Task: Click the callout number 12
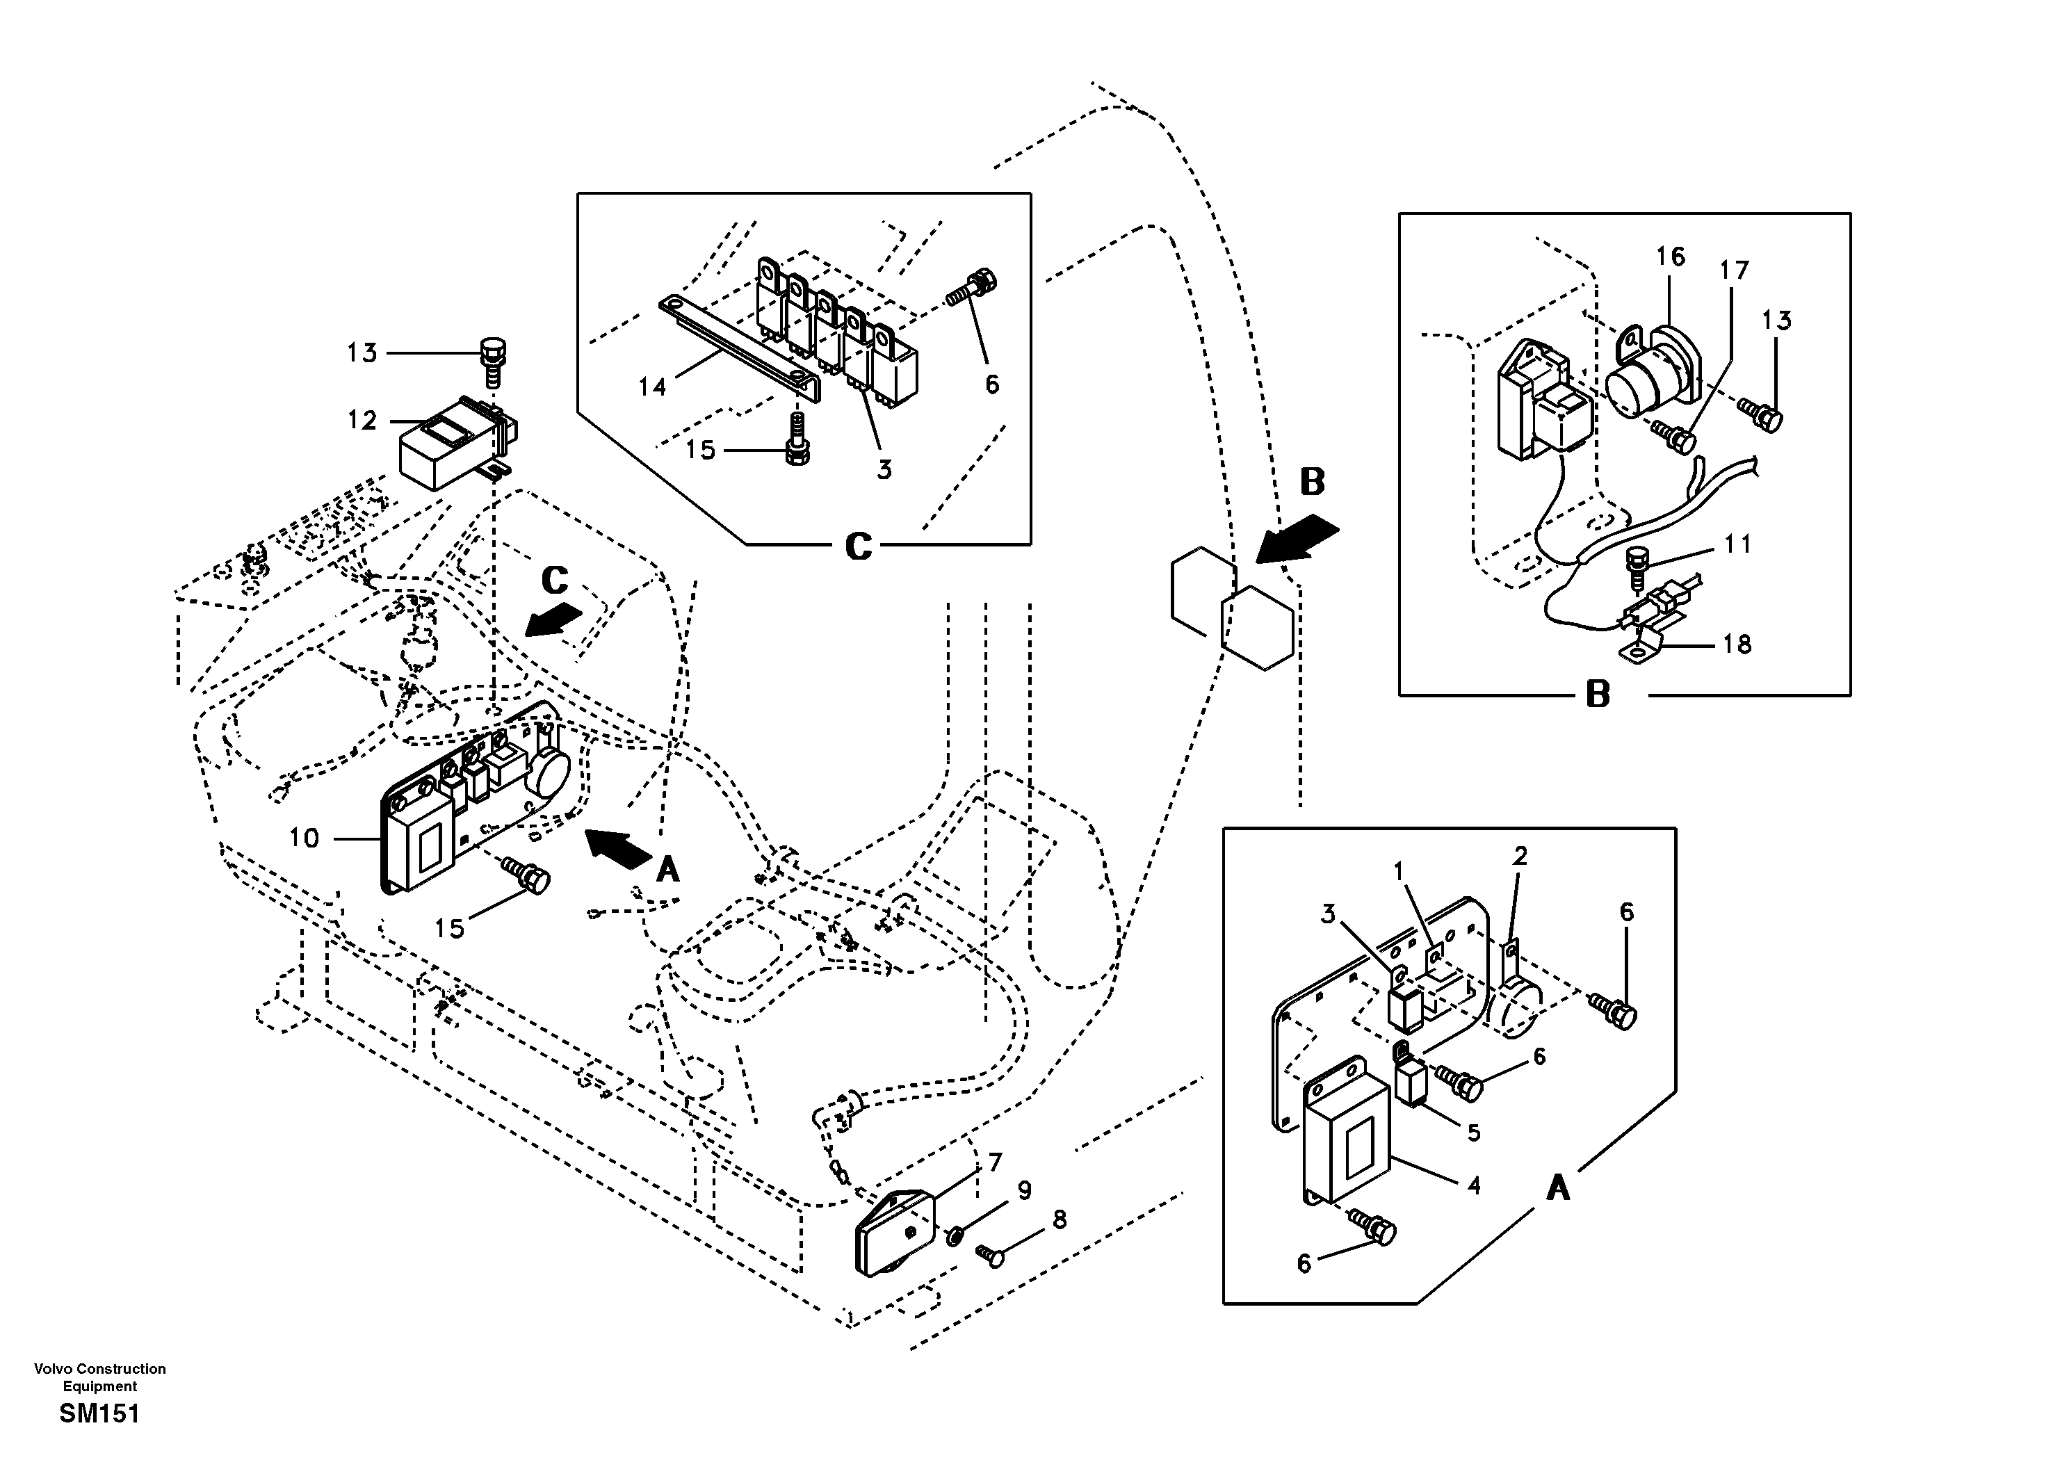[362, 421]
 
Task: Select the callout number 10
[304, 838]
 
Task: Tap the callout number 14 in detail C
[652, 387]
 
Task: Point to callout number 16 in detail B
[1670, 257]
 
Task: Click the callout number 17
[1734, 270]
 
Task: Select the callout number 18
[1737, 644]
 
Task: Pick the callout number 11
[1737, 544]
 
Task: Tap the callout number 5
[1473, 1132]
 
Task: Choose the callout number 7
[995, 1162]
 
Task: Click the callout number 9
[1025, 1192]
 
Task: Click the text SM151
[100, 1414]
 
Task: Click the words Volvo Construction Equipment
[100, 1377]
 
